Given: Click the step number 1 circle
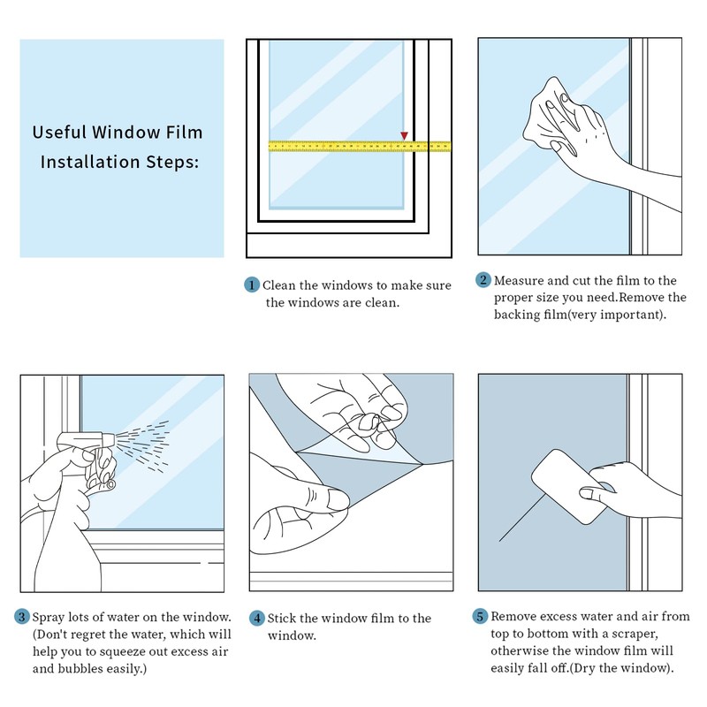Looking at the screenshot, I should point(251,285).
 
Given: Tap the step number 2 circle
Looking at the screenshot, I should point(483,280).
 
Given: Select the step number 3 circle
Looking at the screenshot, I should point(21,616).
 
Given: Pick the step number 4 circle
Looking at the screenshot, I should point(256,619).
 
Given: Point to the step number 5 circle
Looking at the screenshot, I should point(481,616).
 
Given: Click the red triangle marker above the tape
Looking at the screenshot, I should point(404,135).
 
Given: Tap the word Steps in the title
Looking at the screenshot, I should point(173,162).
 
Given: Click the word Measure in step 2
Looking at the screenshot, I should point(519,280).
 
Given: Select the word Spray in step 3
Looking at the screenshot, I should point(48,616).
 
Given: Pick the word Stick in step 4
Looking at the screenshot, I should point(283,619).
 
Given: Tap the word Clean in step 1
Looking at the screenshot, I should point(281,285).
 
